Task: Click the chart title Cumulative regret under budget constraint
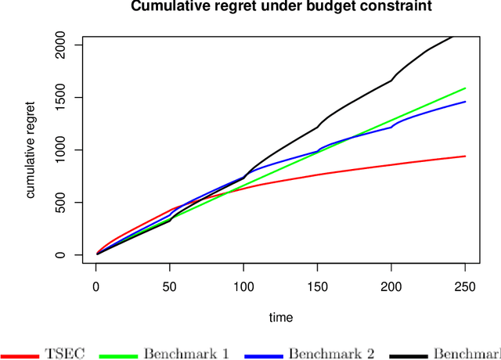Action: [280, 8]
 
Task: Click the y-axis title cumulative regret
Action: [31, 149]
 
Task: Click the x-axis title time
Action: [280, 317]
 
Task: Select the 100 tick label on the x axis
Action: [243, 287]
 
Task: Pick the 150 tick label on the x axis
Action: [317, 287]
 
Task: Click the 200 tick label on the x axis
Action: [391, 287]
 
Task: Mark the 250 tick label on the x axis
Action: [466, 287]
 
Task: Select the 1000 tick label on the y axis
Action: [62, 150]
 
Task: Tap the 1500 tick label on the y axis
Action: [62, 97]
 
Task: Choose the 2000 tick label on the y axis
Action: [62, 45]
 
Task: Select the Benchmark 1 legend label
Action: [186, 353]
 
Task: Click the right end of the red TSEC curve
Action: [466, 156]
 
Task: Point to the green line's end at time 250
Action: [466, 88]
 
